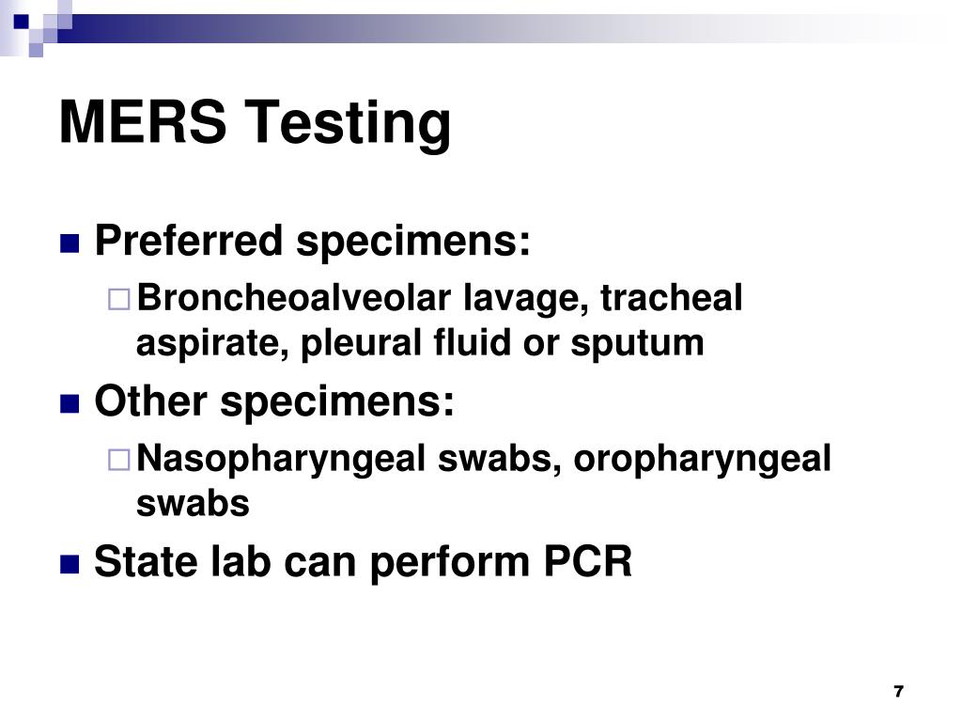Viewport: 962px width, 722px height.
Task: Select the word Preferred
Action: (x=189, y=243)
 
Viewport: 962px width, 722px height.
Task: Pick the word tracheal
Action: (x=672, y=299)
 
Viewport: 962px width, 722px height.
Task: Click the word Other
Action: (x=150, y=402)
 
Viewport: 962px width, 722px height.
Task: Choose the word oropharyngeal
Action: (x=703, y=461)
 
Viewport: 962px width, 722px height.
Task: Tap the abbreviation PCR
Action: (x=587, y=562)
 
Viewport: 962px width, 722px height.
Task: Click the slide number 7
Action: (x=898, y=691)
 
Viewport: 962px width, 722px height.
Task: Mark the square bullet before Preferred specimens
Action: (x=69, y=244)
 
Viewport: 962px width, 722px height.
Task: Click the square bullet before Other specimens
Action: (x=69, y=404)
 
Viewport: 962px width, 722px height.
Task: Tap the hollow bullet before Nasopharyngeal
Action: (x=118, y=461)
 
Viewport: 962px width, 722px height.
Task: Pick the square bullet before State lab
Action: (x=69, y=564)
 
